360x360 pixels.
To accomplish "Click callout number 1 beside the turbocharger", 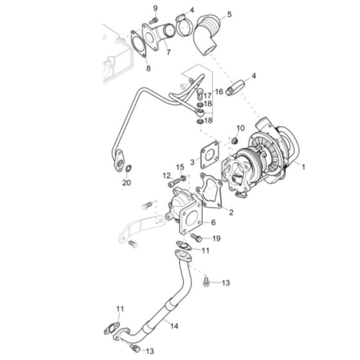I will coord(304,166).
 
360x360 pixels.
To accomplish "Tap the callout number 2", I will coord(232,210).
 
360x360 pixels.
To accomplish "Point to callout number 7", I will coord(168,52).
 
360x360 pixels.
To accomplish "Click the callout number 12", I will coord(166,175).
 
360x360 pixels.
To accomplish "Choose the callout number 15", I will coord(180,168).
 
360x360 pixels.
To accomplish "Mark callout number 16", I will coord(219,92).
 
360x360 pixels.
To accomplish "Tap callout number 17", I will coord(208,96).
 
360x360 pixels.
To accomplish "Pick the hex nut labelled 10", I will coord(234,140).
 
